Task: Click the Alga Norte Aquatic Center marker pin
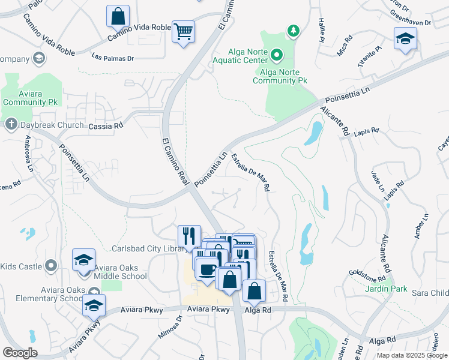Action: tap(277, 55)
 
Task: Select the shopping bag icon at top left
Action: tap(118, 15)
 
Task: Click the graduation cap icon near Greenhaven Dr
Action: tap(405, 39)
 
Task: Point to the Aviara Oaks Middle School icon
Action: tap(83, 260)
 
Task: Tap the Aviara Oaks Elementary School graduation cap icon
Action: tap(94, 305)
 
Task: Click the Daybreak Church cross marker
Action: tap(10, 125)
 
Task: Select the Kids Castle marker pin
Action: tap(51, 265)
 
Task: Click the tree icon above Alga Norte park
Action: tap(293, 30)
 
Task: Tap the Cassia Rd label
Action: tap(105, 126)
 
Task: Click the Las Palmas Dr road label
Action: tap(112, 58)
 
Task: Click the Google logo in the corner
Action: tap(20, 352)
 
